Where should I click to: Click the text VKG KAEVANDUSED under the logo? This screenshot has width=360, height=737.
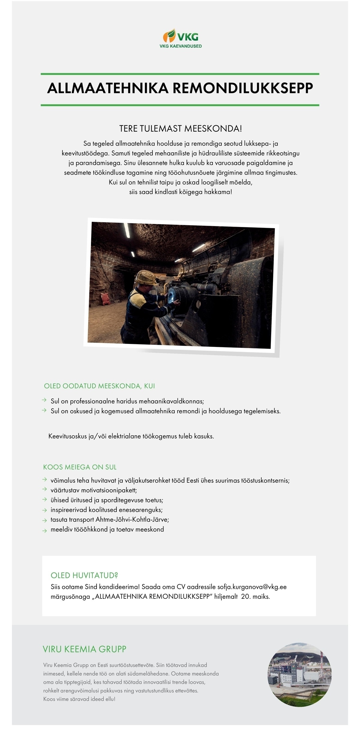coord(180,46)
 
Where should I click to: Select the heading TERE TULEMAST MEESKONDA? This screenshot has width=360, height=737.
coord(180,129)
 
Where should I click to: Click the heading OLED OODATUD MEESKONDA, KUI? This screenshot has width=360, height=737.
coord(99,386)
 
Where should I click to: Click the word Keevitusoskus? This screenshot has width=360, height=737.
coord(68,436)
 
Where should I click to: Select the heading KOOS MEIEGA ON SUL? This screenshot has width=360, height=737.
coord(80,467)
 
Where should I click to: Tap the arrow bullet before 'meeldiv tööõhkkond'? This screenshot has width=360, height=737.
coord(44,530)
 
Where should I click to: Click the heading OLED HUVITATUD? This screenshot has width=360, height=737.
coord(84,575)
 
